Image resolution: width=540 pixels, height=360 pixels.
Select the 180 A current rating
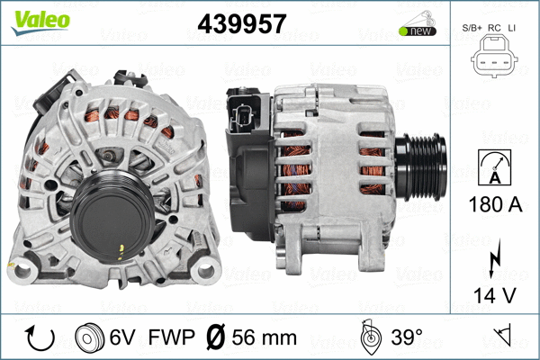[x=495, y=204]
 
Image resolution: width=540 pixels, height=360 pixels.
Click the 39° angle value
[x=406, y=337]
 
